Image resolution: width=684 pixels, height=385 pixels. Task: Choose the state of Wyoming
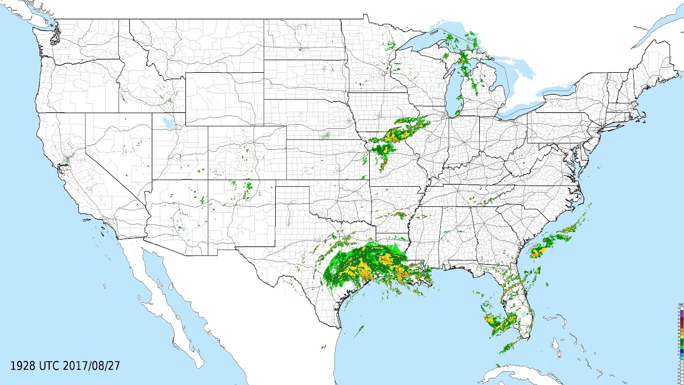tap(224, 99)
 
